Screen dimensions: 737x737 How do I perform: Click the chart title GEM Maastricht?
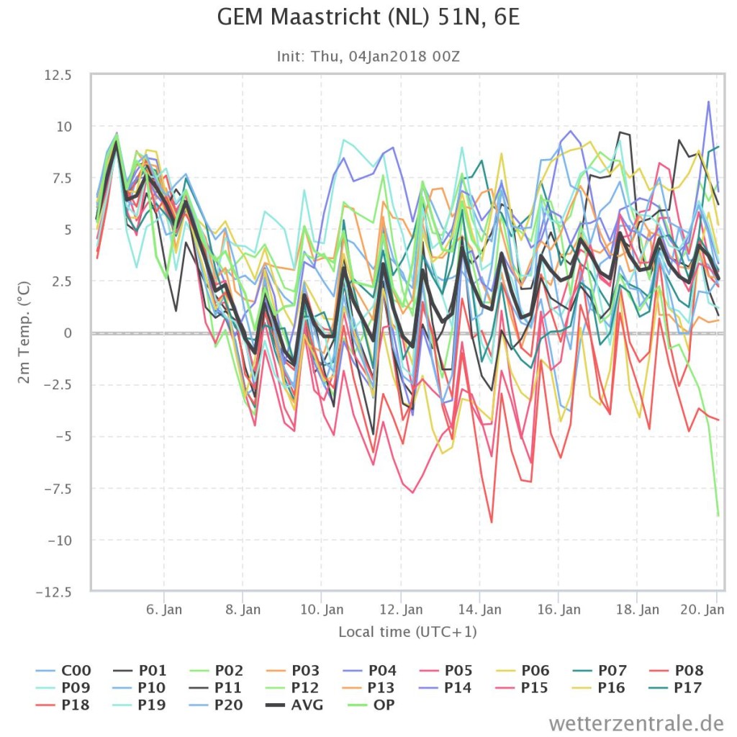pyautogui.click(x=368, y=17)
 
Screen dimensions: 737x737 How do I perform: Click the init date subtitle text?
pyautogui.click(x=368, y=56)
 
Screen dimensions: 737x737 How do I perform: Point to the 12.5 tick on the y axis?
pyautogui.click(x=58, y=75)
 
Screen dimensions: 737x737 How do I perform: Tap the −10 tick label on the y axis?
pyautogui.click(x=60, y=541)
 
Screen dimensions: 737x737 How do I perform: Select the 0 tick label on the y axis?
pyautogui.click(x=68, y=333)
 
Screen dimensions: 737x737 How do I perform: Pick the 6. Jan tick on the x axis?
pyautogui.click(x=164, y=610)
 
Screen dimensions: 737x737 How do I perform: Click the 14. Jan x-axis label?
pyautogui.click(x=480, y=610)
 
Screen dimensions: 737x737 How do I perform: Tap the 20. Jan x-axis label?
pyautogui.click(x=702, y=610)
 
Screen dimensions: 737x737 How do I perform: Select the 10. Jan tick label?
pyautogui.click(x=322, y=610)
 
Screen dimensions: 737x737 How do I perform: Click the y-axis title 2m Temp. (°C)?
pyautogui.click(x=24, y=333)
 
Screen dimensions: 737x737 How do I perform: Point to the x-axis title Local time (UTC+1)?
pyautogui.click(x=407, y=632)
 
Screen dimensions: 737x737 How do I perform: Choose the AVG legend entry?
pyautogui.click(x=294, y=705)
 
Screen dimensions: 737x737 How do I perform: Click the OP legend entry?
pyautogui.click(x=371, y=705)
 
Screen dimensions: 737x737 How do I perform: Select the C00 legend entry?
pyautogui.click(x=63, y=670)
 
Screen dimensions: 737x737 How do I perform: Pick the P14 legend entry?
pyautogui.click(x=445, y=687)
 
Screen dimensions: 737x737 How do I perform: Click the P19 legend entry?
pyautogui.click(x=140, y=705)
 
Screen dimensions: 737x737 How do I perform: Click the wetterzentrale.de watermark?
pyautogui.click(x=636, y=723)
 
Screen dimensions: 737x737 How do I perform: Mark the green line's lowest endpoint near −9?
pyautogui.click(x=718, y=515)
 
